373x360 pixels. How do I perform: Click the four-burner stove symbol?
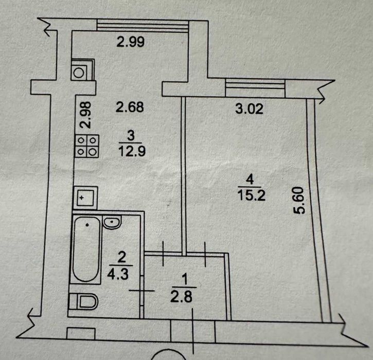[x=86, y=145]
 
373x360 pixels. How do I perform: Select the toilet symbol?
[x=83, y=301]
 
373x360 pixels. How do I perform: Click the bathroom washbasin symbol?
[x=112, y=222]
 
